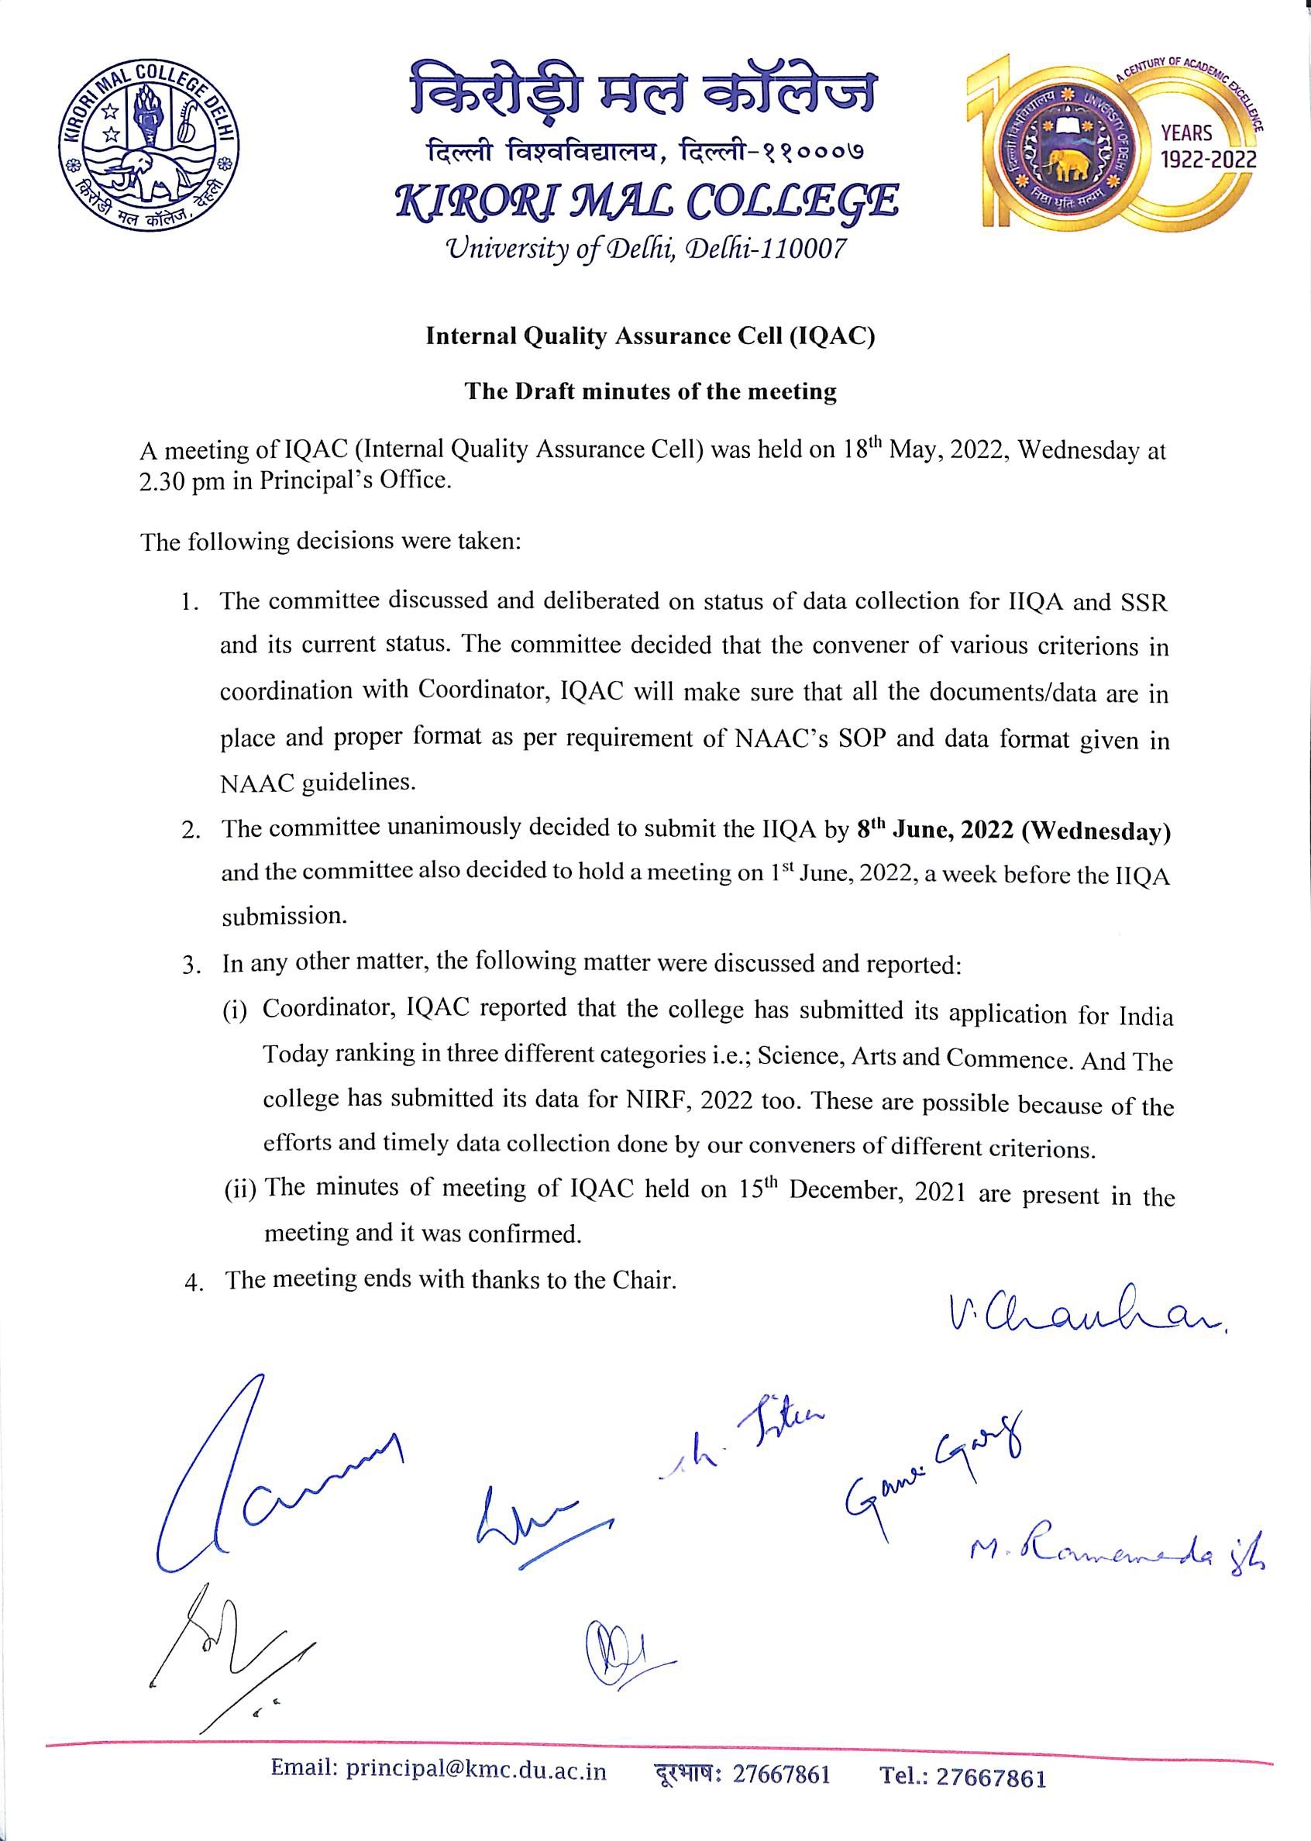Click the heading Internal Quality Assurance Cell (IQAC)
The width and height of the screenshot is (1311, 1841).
pyautogui.click(x=650, y=336)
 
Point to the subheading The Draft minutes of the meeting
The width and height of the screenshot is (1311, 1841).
pyautogui.click(x=650, y=391)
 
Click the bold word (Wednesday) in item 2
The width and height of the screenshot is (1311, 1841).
pyautogui.click(x=1096, y=831)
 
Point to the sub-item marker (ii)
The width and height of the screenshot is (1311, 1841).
pyautogui.click(x=239, y=1189)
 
